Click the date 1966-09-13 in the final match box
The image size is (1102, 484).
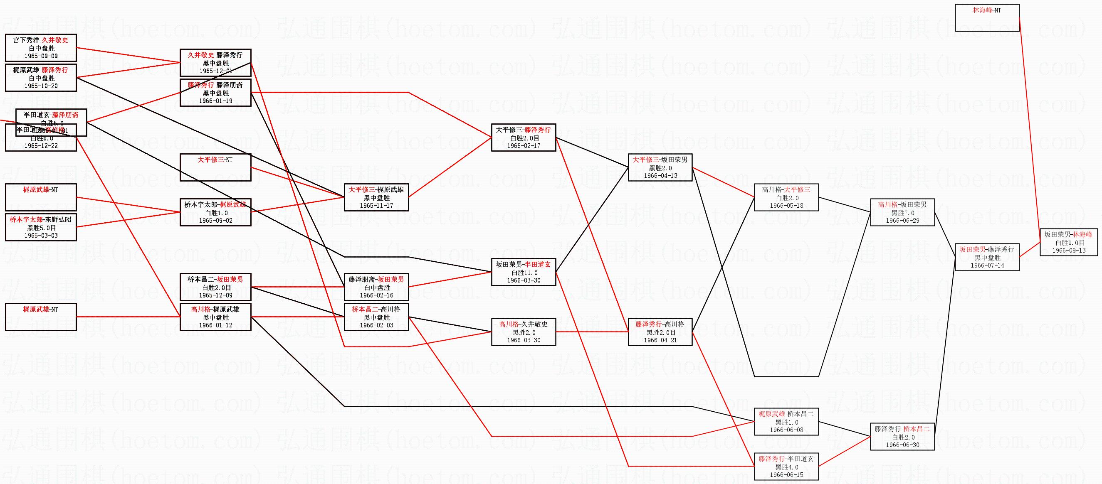point(1069,251)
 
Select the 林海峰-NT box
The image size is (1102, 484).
point(987,17)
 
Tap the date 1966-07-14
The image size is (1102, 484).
point(987,265)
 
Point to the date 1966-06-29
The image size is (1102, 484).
point(902,221)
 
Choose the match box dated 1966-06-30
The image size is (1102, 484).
point(902,437)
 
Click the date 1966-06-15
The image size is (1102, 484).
point(786,475)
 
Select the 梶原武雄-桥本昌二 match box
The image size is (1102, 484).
point(786,422)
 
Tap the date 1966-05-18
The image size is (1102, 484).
point(786,206)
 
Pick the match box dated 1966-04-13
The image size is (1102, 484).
point(660,167)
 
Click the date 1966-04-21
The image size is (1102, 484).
point(660,340)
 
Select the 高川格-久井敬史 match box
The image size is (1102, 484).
point(524,332)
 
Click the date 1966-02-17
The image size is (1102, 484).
point(524,146)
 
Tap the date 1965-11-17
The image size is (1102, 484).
point(376,206)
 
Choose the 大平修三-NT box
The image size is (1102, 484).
point(215,167)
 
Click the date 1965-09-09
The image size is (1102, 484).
point(41,56)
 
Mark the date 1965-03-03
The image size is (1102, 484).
point(41,236)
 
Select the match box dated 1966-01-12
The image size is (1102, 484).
point(215,317)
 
